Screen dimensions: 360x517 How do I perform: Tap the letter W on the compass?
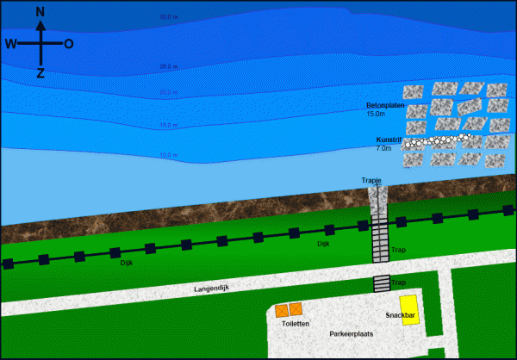click(x=10, y=43)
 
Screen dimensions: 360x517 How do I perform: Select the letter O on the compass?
click(x=68, y=43)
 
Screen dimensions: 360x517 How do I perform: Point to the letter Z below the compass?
click(x=40, y=73)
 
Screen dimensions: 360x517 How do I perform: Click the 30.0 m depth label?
click(x=168, y=16)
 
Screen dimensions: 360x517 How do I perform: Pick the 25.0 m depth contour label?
click(x=168, y=65)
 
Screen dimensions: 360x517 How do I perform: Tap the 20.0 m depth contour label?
click(x=168, y=92)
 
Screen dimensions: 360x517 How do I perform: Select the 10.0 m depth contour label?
click(x=168, y=155)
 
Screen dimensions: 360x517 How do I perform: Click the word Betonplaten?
click(x=385, y=105)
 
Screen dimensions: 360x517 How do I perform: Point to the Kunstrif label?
click(x=389, y=140)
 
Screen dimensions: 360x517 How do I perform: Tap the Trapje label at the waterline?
click(x=371, y=180)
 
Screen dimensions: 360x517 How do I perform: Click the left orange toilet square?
click(x=281, y=310)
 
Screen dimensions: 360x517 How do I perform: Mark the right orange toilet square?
click(x=296, y=309)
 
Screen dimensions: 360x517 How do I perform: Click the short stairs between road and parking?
click(x=381, y=283)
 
